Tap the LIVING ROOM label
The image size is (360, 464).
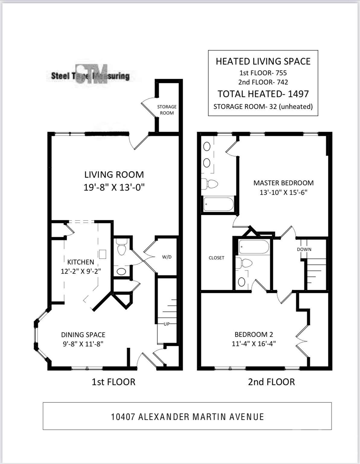point(114,175)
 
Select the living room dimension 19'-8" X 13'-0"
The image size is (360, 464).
point(114,188)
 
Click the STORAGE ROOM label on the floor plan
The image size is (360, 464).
point(167,110)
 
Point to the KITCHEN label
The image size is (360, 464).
point(81,262)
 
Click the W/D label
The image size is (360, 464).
point(167,257)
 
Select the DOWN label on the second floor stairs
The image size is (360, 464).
point(304,250)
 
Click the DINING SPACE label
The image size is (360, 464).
point(83,335)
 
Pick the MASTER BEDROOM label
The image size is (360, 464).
point(283,183)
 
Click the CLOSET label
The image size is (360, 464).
point(216,258)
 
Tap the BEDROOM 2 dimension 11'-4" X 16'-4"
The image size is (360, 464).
point(254,344)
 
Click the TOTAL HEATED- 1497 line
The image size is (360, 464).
point(263,94)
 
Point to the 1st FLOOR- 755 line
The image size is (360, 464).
point(263,73)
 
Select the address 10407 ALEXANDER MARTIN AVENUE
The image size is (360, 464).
point(187,417)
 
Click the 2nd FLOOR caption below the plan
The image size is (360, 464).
point(272,382)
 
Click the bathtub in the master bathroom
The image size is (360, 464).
point(219,204)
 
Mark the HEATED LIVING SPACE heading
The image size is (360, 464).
point(263,62)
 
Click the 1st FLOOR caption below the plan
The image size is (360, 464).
point(113,382)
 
